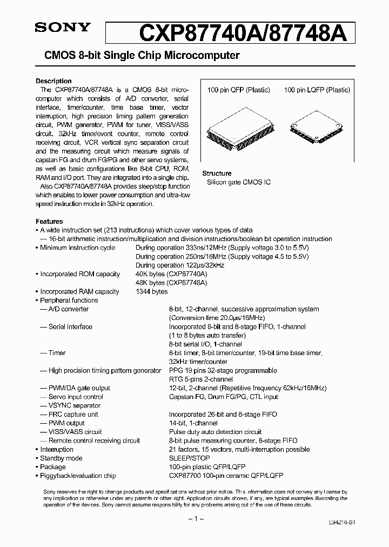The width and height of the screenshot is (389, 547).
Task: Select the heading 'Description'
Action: click(x=53, y=81)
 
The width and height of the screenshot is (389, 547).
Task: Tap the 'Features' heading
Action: click(x=49, y=222)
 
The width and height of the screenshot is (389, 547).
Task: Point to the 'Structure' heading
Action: click(x=217, y=174)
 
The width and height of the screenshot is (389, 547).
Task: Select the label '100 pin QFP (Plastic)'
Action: click(x=238, y=90)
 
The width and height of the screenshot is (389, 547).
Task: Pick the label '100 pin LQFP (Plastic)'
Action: click(x=317, y=90)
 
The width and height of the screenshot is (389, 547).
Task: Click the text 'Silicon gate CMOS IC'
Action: click(x=239, y=183)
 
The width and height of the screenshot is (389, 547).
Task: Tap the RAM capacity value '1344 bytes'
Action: click(x=152, y=292)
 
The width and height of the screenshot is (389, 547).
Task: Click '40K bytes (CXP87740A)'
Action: click(x=172, y=274)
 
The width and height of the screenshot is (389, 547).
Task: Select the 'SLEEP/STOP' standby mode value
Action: click(x=189, y=458)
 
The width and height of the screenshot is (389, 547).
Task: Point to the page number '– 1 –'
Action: click(x=195, y=519)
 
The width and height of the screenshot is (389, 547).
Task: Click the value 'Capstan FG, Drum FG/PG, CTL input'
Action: click(x=223, y=397)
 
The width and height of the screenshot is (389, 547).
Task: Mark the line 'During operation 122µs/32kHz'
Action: click(x=180, y=265)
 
